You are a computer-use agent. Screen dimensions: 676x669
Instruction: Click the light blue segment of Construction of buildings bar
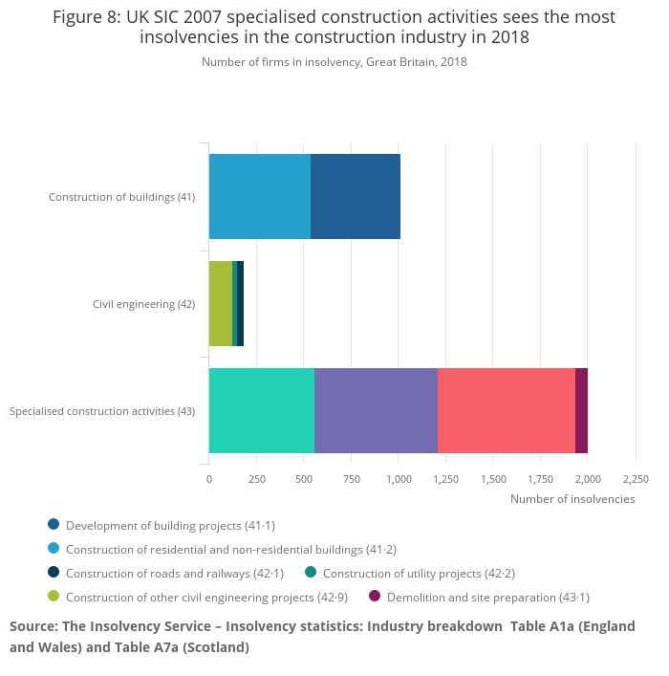(x=260, y=197)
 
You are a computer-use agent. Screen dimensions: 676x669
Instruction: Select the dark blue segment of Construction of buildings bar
(x=356, y=197)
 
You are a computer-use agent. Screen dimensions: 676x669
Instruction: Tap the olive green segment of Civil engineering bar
(x=221, y=304)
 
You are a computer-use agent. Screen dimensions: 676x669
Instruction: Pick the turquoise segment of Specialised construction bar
(x=262, y=410)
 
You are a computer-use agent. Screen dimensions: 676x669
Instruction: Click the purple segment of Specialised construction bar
(x=376, y=410)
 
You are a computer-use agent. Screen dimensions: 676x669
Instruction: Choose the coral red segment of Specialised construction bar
(x=507, y=410)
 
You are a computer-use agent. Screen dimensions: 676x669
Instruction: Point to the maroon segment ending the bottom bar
(x=581, y=410)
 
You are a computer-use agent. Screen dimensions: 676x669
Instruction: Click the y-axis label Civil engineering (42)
(x=143, y=304)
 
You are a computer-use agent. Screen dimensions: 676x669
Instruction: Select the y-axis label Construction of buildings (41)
(x=121, y=197)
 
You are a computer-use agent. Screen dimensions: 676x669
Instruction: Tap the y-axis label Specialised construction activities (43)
(x=102, y=411)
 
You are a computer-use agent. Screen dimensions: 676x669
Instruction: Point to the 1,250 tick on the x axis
(x=445, y=479)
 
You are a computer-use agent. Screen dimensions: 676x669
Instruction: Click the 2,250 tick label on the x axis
(x=636, y=479)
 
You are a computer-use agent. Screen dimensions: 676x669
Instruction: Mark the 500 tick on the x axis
(x=304, y=479)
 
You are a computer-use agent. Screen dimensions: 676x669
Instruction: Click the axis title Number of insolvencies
(x=572, y=499)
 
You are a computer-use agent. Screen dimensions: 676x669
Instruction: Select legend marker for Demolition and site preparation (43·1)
(x=375, y=597)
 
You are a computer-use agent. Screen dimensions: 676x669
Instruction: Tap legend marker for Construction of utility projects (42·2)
(x=311, y=573)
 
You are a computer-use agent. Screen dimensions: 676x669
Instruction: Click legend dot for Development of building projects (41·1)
(x=54, y=525)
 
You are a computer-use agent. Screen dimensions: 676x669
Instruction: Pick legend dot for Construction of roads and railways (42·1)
(x=54, y=573)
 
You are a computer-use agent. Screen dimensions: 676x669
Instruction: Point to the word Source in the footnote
(x=33, y=626)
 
